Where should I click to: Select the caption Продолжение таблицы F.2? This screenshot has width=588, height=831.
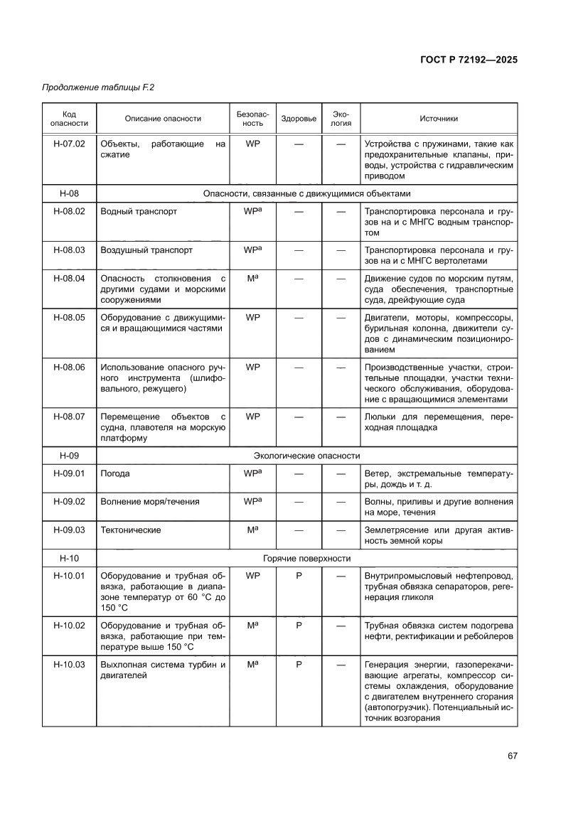[x=98, y=87]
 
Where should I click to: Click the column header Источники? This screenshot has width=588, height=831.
[x=439, y=119]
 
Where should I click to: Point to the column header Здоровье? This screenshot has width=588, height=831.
[x=299, y=119]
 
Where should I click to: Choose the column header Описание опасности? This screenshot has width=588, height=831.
[x=163, y=119]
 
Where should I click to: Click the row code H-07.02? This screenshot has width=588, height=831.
[x=69, y=144]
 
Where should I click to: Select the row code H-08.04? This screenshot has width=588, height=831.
[x=69, y=279]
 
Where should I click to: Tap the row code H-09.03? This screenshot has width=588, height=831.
[x=69, y=530]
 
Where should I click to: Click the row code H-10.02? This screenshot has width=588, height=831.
[x=69, y=626]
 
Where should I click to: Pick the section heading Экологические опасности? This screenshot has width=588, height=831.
[x=306, y=456]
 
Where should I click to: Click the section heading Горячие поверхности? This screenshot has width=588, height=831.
[x=306, y=559]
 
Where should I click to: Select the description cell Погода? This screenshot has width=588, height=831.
[x=115, y=473]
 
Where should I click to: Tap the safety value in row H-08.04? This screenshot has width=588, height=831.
[x=252, y=279]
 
